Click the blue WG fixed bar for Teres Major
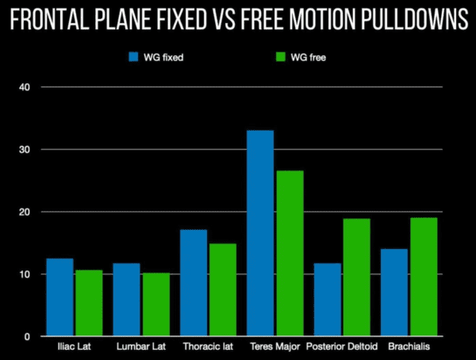coord(260,234)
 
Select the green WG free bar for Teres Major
coord(290,254)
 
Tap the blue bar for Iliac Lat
coord(59,297)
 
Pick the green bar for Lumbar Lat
coord(156,304)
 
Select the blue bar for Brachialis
coord(393,293)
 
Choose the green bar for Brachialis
coord(423,277)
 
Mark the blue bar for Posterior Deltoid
coord(327,300)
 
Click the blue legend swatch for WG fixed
coord(134,57)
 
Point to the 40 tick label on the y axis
coord(24,87)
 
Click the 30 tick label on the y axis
coord(24,150)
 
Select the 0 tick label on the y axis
coord(26,337)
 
